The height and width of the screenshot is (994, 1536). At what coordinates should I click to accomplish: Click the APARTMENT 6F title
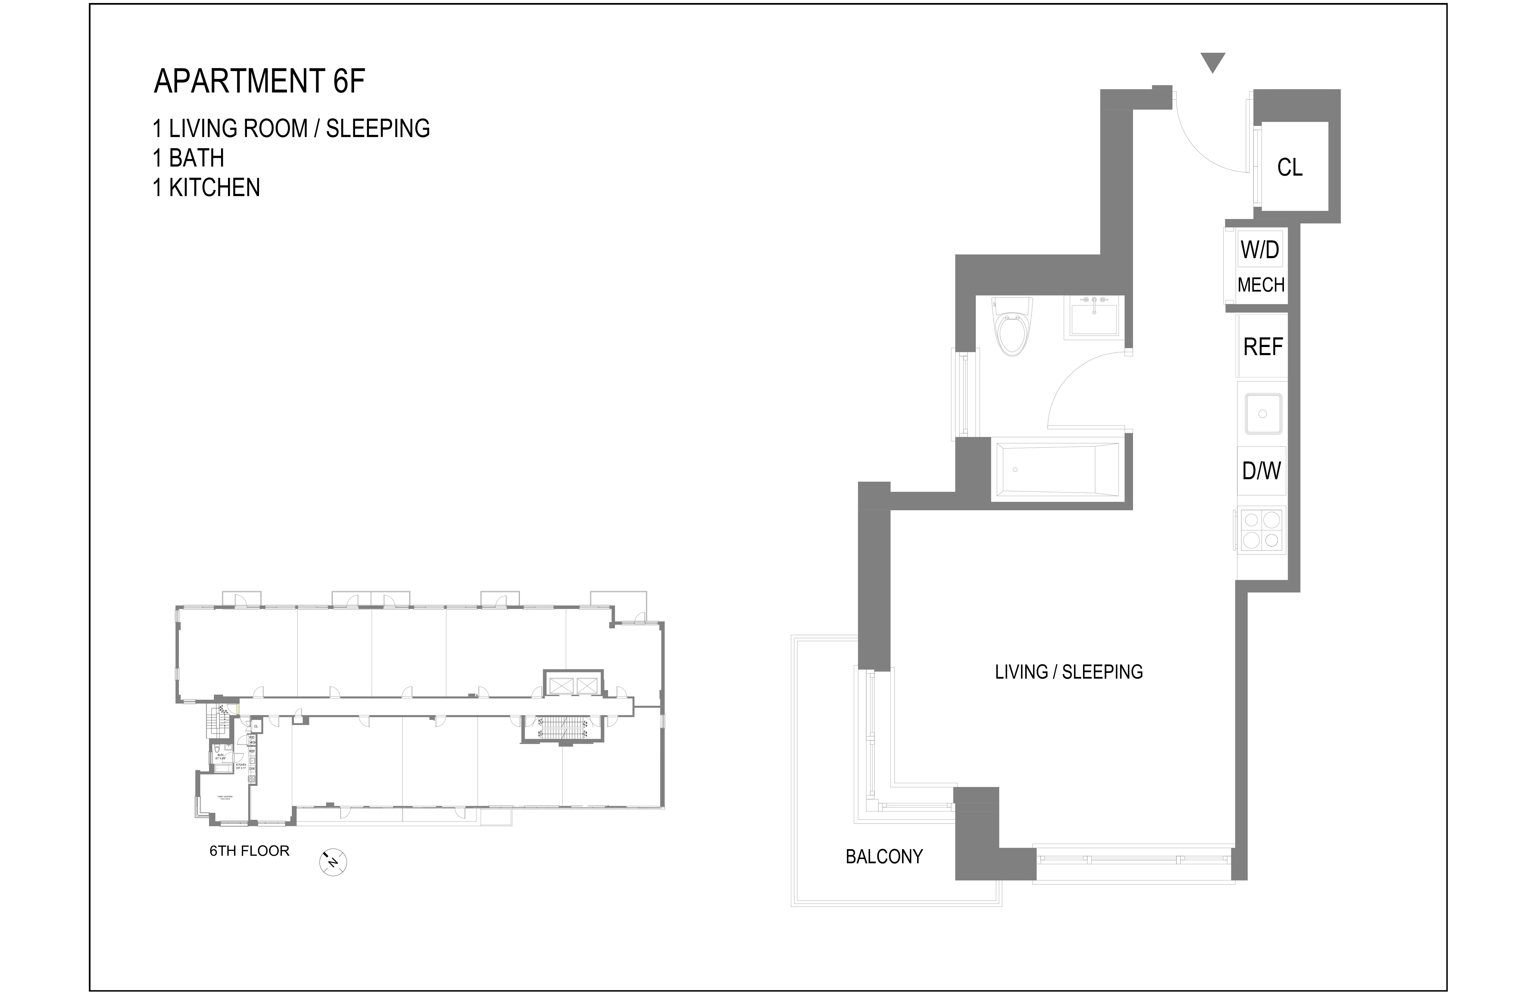[x=259, y=81]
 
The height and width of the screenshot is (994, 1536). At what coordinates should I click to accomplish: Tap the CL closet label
[x=1289, y=168]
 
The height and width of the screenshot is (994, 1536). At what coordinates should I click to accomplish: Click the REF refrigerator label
[x=1262, y=347]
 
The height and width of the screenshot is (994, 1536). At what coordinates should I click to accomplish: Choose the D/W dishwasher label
[x=1261, y=471]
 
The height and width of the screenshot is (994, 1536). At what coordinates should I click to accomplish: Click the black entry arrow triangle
[x=1213, y=63]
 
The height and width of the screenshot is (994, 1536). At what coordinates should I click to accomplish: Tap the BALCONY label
[x=884, y=857]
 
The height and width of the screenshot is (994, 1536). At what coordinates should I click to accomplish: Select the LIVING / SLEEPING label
[x=1069, y=672]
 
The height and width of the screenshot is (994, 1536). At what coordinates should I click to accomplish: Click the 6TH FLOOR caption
[x=249, y=851]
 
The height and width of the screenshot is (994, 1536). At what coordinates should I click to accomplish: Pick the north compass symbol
[x=333, y=862]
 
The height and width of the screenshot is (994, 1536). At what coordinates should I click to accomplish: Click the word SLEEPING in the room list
[x=378, y=128]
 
